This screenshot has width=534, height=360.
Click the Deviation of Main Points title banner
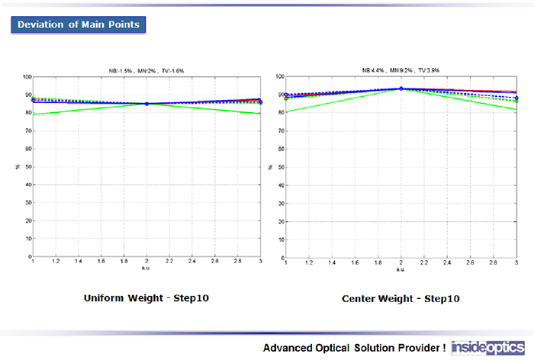(x=79, y=24)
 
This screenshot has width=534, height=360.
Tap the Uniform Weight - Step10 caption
(x=146, y=297)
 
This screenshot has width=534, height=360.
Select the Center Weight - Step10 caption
(x=400, y=299)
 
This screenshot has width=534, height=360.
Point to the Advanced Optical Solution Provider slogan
(x=355, y=348)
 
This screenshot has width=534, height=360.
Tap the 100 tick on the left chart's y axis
(x=27, y=77)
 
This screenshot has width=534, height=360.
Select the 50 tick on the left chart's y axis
(x=28, y=167)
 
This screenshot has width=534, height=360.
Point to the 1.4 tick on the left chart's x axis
(x=79, y=263)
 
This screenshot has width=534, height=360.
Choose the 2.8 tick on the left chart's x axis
(x=239, y=263)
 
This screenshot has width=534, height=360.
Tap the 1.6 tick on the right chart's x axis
(x=355, y=263)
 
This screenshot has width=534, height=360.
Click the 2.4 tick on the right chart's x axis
(x=447, y=263)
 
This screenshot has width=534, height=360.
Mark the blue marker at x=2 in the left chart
(x=146, y=104)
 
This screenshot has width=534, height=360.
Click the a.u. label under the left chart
(x=146, y=269)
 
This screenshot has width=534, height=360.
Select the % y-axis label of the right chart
(x=272, y=167)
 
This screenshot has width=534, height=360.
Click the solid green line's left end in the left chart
(x=33, y=114)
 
